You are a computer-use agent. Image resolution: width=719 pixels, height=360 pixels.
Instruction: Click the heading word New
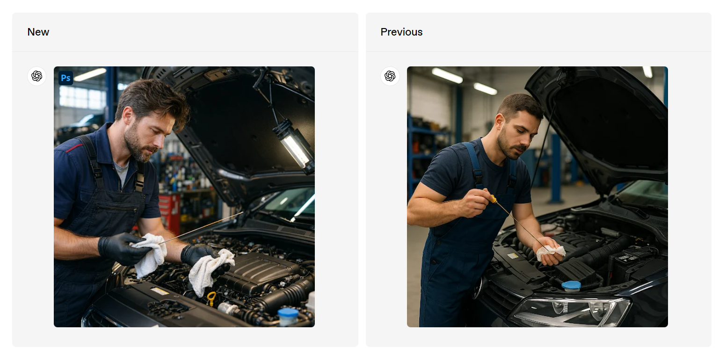point(38,32)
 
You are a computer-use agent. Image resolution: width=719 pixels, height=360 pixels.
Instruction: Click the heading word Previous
point(401,32)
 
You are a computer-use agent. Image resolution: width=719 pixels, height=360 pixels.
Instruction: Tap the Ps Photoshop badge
point(66,78)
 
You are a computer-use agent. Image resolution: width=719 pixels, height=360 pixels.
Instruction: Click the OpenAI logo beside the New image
point(37,76)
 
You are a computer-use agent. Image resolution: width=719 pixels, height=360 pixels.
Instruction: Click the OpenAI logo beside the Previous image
point(390,76)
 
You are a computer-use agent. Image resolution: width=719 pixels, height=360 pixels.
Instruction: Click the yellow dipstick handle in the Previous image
point(493,199)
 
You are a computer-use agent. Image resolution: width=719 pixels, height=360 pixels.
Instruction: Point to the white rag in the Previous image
point(550,252)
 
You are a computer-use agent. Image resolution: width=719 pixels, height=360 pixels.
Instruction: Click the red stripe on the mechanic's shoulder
point(74,148)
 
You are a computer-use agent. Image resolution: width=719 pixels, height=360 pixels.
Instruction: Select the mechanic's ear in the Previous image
point(500,124)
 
